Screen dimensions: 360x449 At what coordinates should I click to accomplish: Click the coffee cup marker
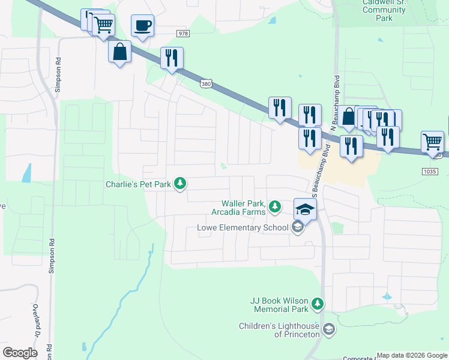[x=142, y=26]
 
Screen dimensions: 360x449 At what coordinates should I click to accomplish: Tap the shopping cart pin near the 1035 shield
[x=432, y=142]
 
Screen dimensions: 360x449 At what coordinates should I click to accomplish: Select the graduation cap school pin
[x=305, y=210]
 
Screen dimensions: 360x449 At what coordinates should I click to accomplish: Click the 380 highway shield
[x=206, y=85]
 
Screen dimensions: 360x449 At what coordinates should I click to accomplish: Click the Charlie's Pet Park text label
[x=139, y=184]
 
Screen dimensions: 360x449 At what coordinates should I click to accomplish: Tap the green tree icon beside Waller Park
[x=275, y=207]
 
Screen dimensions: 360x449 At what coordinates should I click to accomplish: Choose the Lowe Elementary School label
[x=243, y=227]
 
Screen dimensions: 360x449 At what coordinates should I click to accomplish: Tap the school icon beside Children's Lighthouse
[x=329, y=329]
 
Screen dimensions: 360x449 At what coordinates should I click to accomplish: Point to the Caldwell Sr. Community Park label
[x=384, y=10]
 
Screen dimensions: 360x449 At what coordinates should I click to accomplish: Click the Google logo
[x=20, y=352]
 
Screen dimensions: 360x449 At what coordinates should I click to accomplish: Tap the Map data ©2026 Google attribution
[x=412, y=355]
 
